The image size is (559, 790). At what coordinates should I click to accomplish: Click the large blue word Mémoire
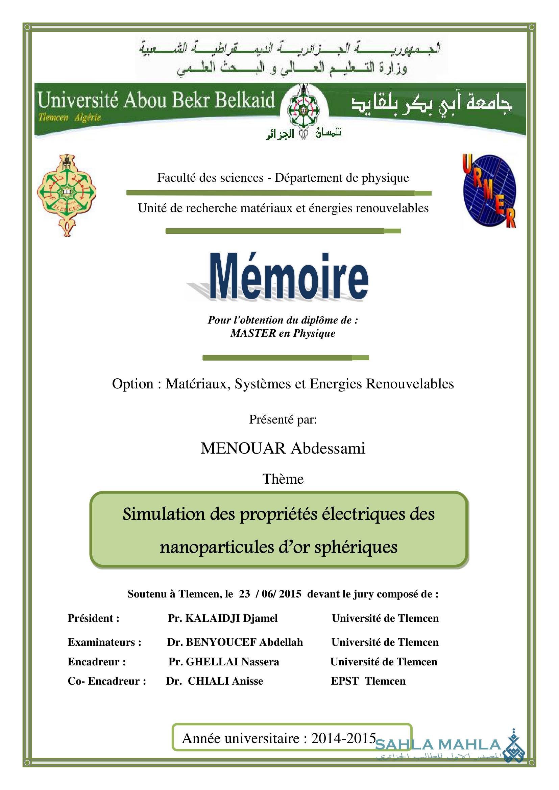coord(288,277)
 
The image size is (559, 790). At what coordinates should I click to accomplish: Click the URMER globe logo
coord(489,190)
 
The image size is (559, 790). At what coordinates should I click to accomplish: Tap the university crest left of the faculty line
coord(67,195)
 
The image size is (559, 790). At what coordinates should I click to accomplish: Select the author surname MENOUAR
coord(243,448)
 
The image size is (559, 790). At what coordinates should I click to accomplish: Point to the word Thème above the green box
coord(283,479)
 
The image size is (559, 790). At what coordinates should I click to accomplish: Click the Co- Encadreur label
coord(107,681)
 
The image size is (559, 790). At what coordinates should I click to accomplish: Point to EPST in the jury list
coord(344,681)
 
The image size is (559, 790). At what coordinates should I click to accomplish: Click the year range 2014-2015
coord(343,738)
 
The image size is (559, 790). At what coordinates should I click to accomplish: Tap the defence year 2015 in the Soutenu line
coord(290,594)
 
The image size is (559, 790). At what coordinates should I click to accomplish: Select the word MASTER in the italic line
coord(253,333)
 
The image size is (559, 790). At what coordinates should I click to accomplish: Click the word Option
coord(132,384)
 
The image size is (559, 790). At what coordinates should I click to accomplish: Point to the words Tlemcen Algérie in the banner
coord(70,118)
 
